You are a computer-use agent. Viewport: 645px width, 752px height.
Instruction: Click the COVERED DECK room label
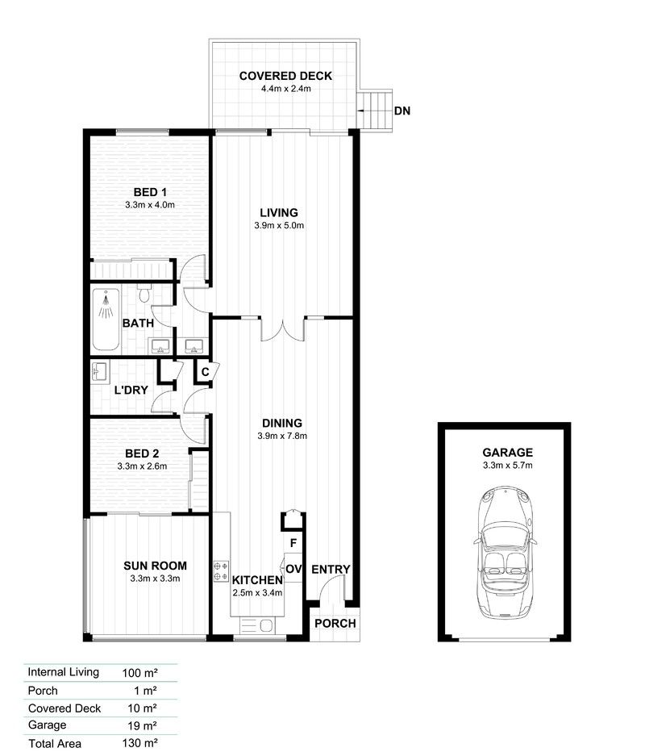pos(285,77)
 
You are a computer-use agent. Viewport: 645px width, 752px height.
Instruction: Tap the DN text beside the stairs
pos(402,111)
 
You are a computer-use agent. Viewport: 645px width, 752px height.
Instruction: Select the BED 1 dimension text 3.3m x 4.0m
pos(150,205)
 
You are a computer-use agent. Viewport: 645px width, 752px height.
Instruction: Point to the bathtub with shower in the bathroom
pos(106,320)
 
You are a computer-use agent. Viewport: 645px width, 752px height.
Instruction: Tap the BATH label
pos(138,324)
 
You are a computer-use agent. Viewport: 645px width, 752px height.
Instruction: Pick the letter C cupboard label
pos(205,372)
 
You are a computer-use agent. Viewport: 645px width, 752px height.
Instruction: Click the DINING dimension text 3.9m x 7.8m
pos(281,436)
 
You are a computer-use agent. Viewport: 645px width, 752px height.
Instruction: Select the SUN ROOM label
pos(155,565)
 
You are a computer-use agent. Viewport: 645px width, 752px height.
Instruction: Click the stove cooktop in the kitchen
pos(220,571)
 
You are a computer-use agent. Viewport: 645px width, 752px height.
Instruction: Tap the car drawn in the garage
pos(504,550)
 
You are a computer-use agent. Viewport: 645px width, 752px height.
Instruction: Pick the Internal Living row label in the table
pos(63,671)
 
